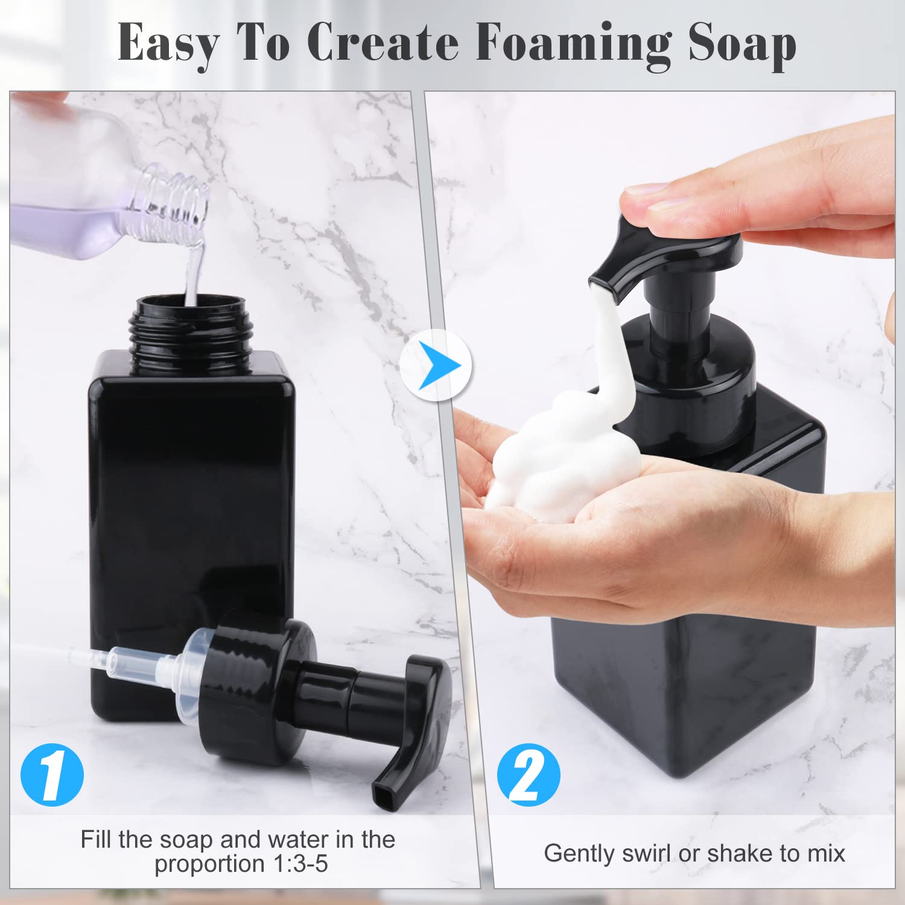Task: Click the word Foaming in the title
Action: [573, 43]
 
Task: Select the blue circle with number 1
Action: [52, 775]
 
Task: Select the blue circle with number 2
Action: [529, 775]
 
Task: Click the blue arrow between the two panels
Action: [436, 366]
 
